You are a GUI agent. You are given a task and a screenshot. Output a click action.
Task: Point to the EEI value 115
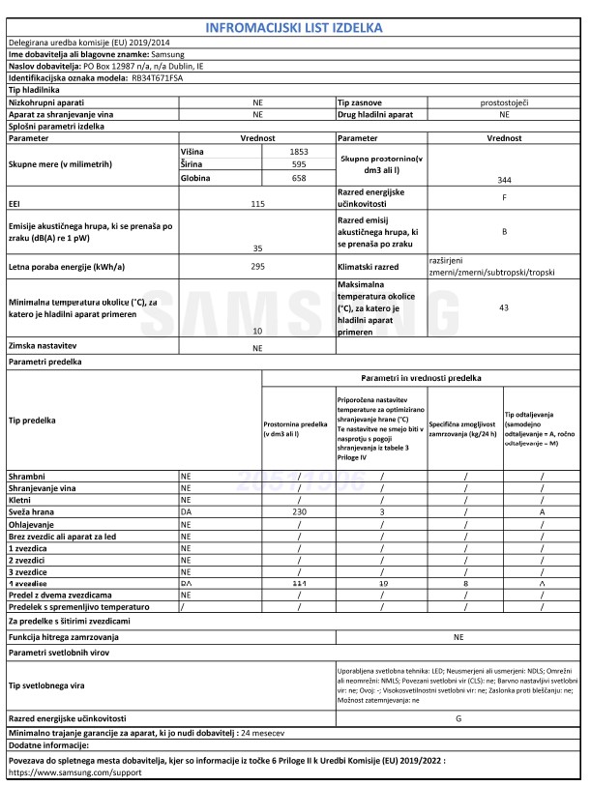[257, 203]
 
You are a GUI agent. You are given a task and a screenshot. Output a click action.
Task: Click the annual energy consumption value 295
[257, 264]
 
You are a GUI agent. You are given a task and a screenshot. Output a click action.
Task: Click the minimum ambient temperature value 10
[257, 331]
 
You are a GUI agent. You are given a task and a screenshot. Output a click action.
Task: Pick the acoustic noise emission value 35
[257, 248]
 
